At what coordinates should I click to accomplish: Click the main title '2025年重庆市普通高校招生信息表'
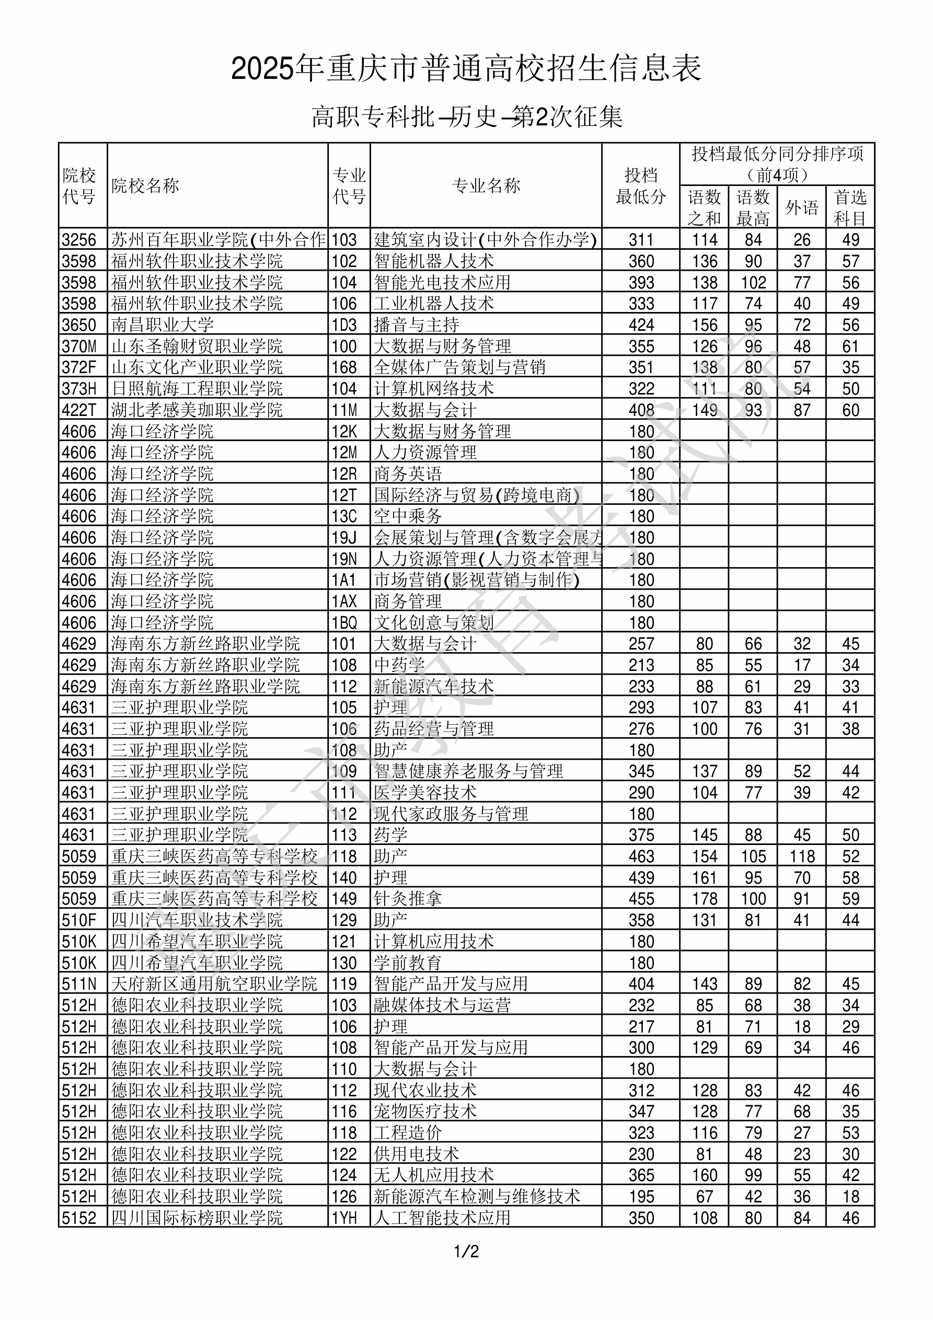(x=466, y=69)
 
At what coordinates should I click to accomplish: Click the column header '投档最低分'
(x=640, y=186)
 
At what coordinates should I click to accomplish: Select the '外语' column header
(x=801, y=207)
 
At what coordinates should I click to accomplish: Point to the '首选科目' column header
(x=850, y=207)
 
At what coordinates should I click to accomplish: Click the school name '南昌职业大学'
(x=162, y=325)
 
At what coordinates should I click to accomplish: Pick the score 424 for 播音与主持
(x=641, y=325)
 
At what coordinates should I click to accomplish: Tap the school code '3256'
(x=79, y=240)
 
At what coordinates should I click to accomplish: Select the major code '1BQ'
(x=344, y=622)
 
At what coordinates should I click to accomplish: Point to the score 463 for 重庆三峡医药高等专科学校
(x=641, y=856)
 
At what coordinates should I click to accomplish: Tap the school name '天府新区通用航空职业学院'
(x=214, y=983)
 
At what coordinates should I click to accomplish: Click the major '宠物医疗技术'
(x=425, y=1111)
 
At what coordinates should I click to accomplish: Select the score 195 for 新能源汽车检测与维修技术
(x=641, y=1196)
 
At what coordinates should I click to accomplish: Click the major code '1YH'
(x=344, y=1218)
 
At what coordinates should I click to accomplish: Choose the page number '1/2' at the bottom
(x=466, y=1251)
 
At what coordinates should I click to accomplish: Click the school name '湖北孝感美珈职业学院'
(x=197, y=410)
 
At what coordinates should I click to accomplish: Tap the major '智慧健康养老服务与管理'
(x=468, y=771)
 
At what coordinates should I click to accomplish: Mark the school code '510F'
(x=79, y=920)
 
